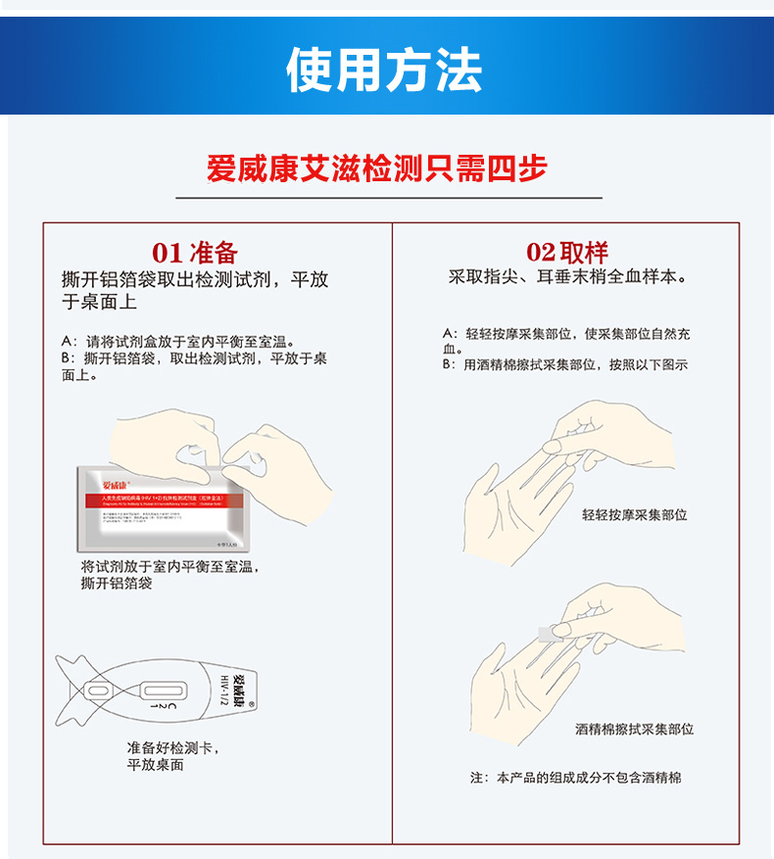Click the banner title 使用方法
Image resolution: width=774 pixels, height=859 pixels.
coord(384,69)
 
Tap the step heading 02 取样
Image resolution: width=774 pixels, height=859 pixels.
coord(567,253)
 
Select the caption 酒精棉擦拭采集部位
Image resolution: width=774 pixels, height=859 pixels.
coord(634,730)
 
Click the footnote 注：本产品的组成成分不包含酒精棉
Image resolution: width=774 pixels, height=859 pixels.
coord(575,778)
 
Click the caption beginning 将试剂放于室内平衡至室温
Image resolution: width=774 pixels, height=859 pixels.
coord(170,575)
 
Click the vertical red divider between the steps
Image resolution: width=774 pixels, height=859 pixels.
coord(392,529)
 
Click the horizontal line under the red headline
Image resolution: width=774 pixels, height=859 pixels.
coord(388,198)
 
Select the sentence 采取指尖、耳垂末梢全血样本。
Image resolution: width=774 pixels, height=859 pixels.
coord(567,277)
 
